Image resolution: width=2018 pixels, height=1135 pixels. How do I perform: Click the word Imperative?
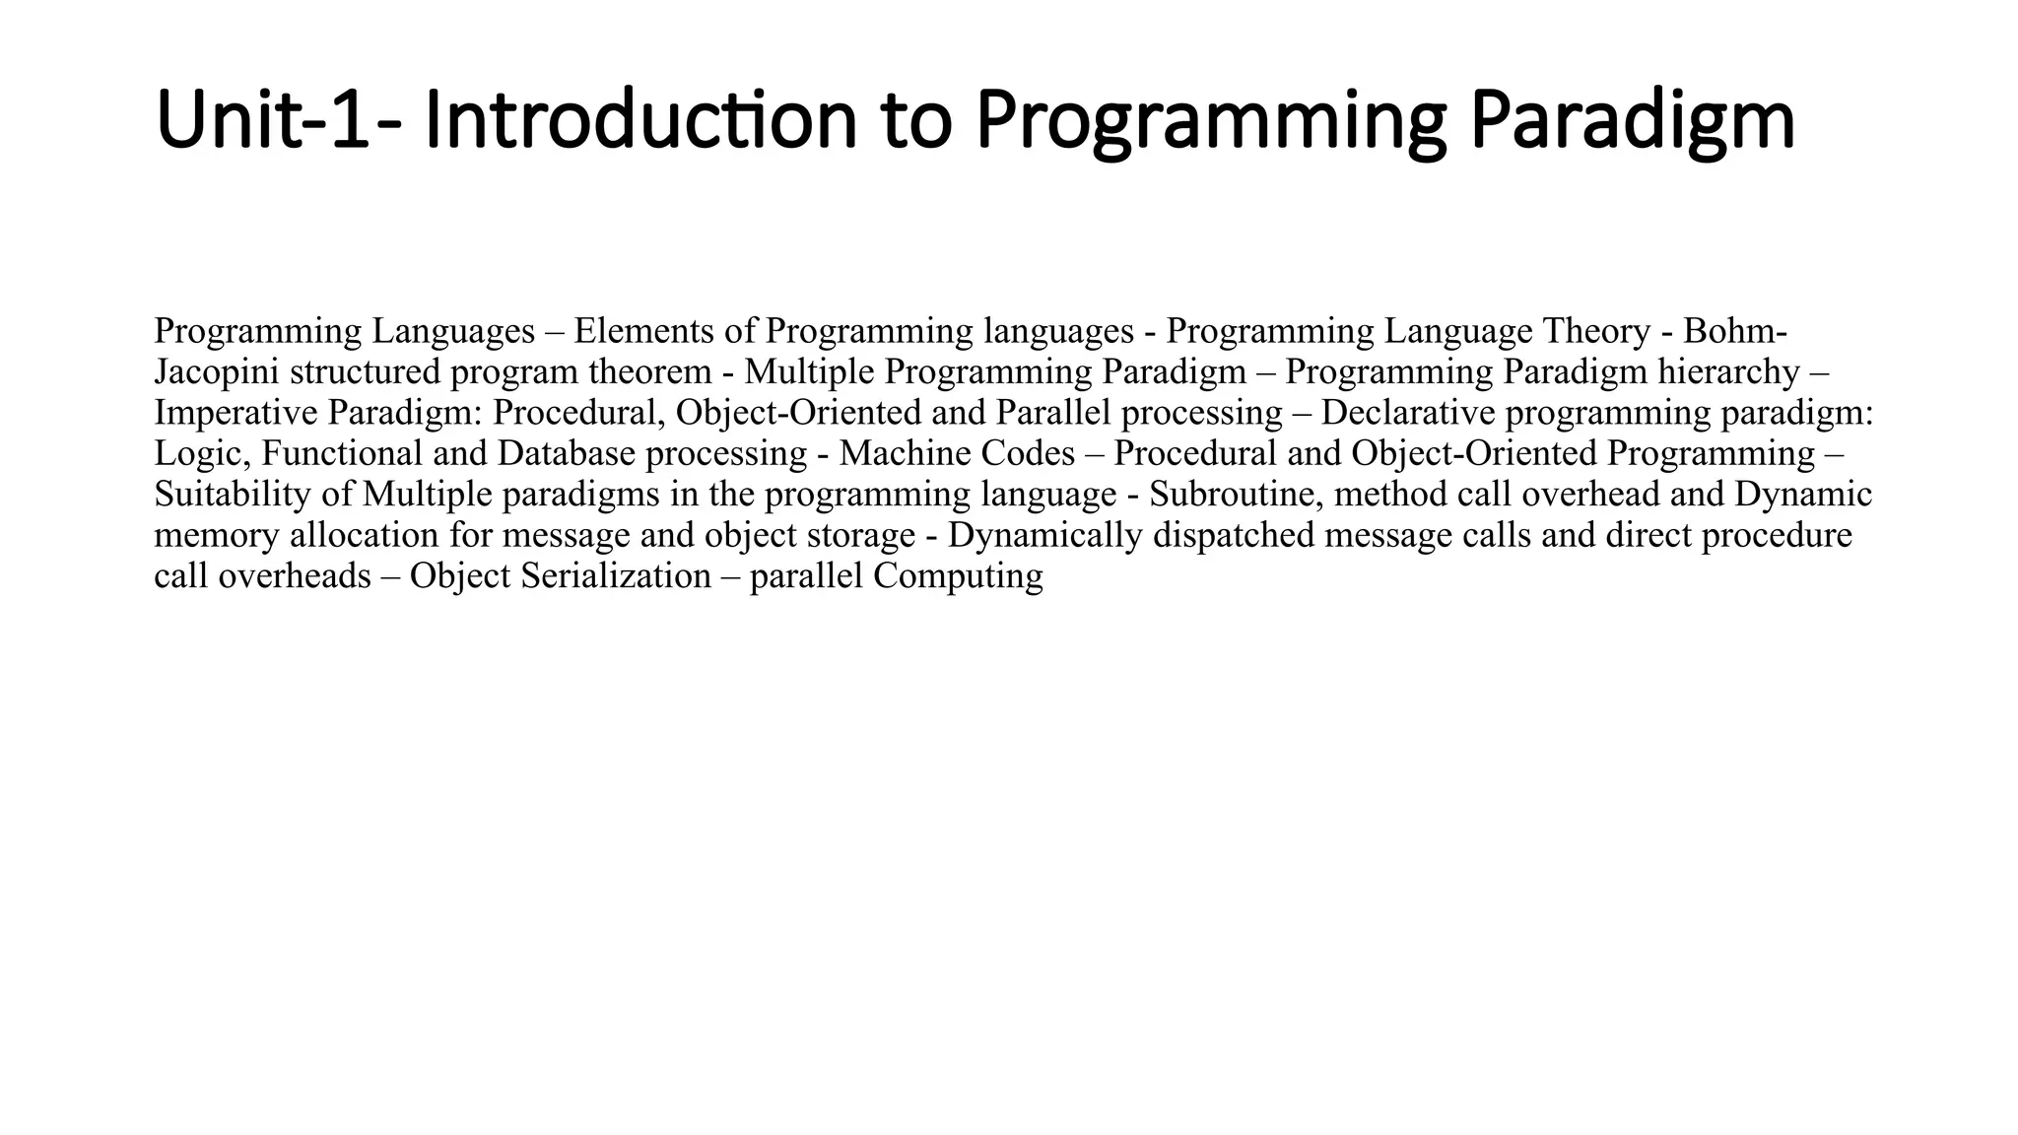(x=236, y=413)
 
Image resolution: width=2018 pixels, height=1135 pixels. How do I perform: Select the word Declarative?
(x=1408, y=413)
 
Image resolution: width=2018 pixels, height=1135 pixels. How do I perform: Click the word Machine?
(x=891, y=453)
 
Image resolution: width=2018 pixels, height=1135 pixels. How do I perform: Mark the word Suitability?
(x=233, y=494)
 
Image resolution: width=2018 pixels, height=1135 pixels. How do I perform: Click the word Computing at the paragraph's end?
(x=958, y=575)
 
